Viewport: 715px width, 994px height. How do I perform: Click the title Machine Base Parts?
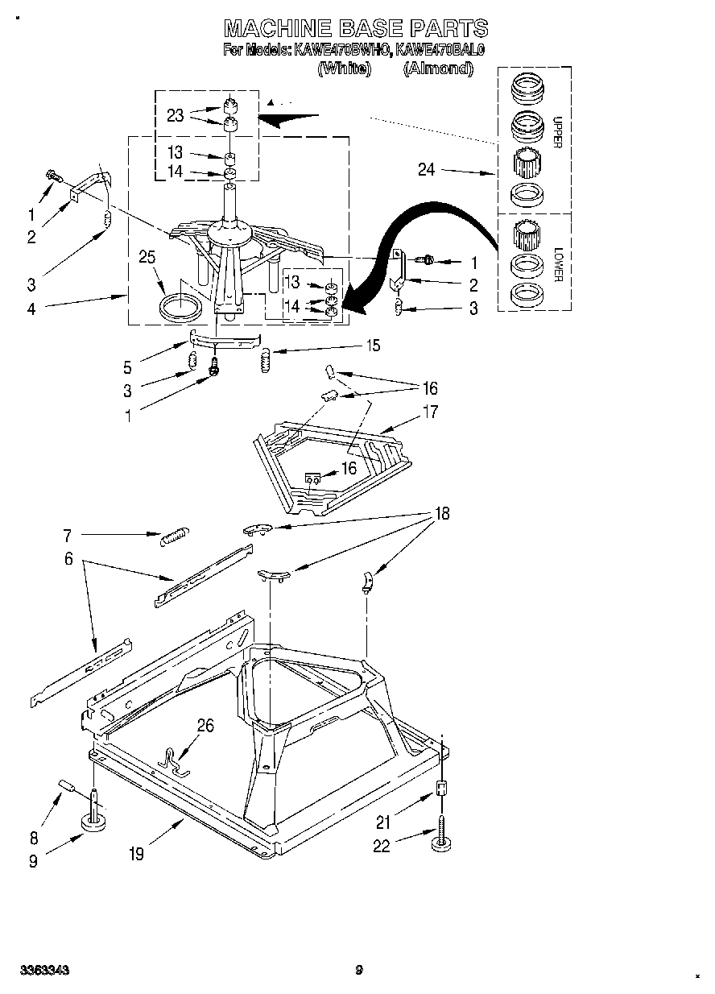pyautogui.click(x=355, y=29)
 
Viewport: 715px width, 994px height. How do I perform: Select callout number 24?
pyautogui.click(x=426, y=169)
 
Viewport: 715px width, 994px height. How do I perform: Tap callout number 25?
pyautogui.click(x=147, y=258)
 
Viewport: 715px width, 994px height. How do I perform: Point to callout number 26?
pyautogui.click(x=205, y=726)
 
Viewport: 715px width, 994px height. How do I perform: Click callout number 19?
pyautogui.click(x=136, y=854)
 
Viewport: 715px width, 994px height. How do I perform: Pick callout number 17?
pyautogui.click(x=430, y=412)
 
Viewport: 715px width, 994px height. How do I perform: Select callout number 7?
pyautogui.click(x=68, y=534)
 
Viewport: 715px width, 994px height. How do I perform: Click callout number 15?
pyautogui.click(x=373, y=346)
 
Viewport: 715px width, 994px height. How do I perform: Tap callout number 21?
pyautogui.click(x=384, y=822)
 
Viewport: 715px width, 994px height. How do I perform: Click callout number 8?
pyautogui.click(x=33, y=838)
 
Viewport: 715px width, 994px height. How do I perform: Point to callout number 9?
pyautogui.click(x=33, y=860)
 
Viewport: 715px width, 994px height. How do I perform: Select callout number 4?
pyautogui.click(x=31, y=307)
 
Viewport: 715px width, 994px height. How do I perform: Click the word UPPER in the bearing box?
pyautogui.click(x=556, y=133)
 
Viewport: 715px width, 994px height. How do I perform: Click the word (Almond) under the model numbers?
pyautogui.click(x=437, y=69)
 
